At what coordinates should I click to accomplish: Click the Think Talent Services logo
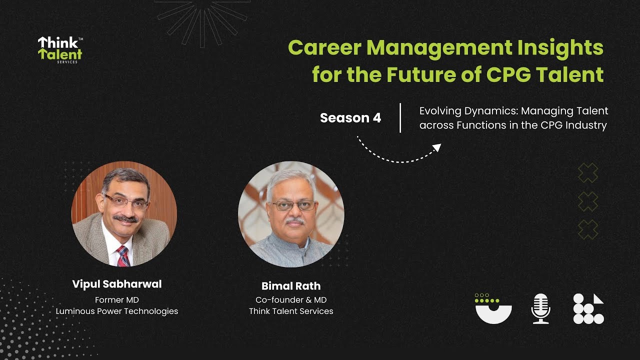coord(60,49)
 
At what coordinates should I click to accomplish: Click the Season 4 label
coord(350,118)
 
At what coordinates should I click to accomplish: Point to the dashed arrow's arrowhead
coord(437,147)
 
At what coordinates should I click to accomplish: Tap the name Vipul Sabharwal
coord(117,284)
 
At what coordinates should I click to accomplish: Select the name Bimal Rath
coord(291,286)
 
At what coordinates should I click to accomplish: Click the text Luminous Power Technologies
coord(117,311)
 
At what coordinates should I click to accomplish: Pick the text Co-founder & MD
coord(291,300)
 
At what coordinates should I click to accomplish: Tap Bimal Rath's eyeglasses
coord(293,205)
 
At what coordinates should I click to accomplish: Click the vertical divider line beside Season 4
coord(400,118)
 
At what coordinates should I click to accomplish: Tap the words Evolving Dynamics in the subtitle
coord(457,111)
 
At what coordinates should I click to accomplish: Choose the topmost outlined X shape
coord(587,172)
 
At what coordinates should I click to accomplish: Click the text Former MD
coord(117,300)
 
